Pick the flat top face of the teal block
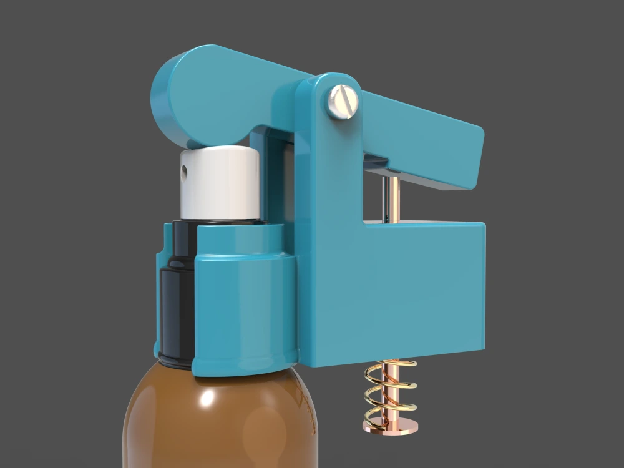[424, 222]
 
